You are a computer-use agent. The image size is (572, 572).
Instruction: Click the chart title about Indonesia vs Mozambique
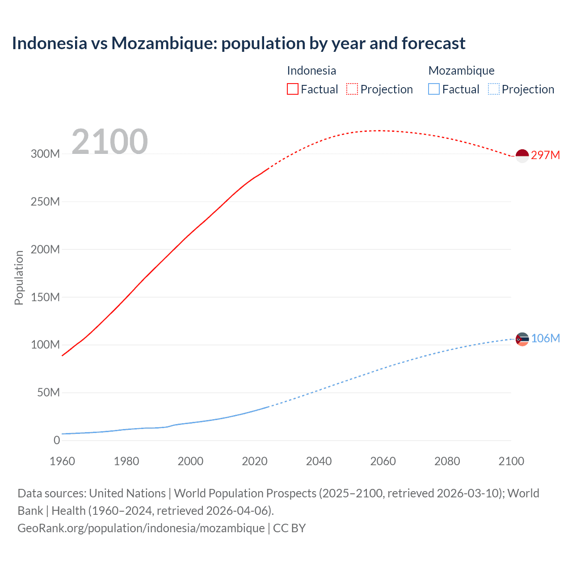pyautogui.click(x=239, y=43)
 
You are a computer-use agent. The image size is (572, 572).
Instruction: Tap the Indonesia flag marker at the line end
pyautogui.click(x=522, y=156)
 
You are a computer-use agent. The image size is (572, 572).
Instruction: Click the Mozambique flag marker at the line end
pyautogui.click(x=522, y=339)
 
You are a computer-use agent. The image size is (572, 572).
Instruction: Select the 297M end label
pyautogui.click(x=545, y=155)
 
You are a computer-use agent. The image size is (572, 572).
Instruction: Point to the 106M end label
pyautogui.click(x=545, y=338)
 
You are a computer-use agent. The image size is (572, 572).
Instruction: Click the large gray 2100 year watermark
pyautogui.click(x=109, y=141)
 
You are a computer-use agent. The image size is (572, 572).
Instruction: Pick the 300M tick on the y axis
pyautogui.click(x=45, y=154)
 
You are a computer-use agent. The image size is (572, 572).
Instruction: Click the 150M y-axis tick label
pyautogui.click(x=45, y=297)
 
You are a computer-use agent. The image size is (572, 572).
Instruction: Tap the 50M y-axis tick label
pyautogui.click(x=48, y=393)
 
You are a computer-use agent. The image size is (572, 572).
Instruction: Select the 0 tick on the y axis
pyautogui.click(x=57, y=440)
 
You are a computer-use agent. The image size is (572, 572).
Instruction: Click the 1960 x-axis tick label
pyautogui.click(x=62, y=461)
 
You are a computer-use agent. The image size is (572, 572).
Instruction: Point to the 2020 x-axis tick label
pyautogui.click(x=255, y=461)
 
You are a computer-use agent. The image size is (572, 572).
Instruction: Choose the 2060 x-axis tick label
pyautogui.click(x=383, y=461)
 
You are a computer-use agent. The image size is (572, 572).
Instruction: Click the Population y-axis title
pyautogui.click(x=19, y=278)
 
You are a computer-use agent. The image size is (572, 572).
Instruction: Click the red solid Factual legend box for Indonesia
pyautogui.click(x=293, y=89)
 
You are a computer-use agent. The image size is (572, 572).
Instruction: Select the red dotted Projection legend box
pyautogui.click(x=352, y=89)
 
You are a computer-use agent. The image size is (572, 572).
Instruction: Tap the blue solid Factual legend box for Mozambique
pyautogui.click(x=434, y=89)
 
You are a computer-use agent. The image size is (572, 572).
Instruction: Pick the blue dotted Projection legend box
pyautogui.click(x=494, y=89)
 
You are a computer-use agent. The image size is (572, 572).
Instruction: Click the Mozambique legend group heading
pyautogui.click(x=461, y=71)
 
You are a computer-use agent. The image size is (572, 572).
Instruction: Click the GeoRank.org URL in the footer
pyautogui.click(x=141, y=528)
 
